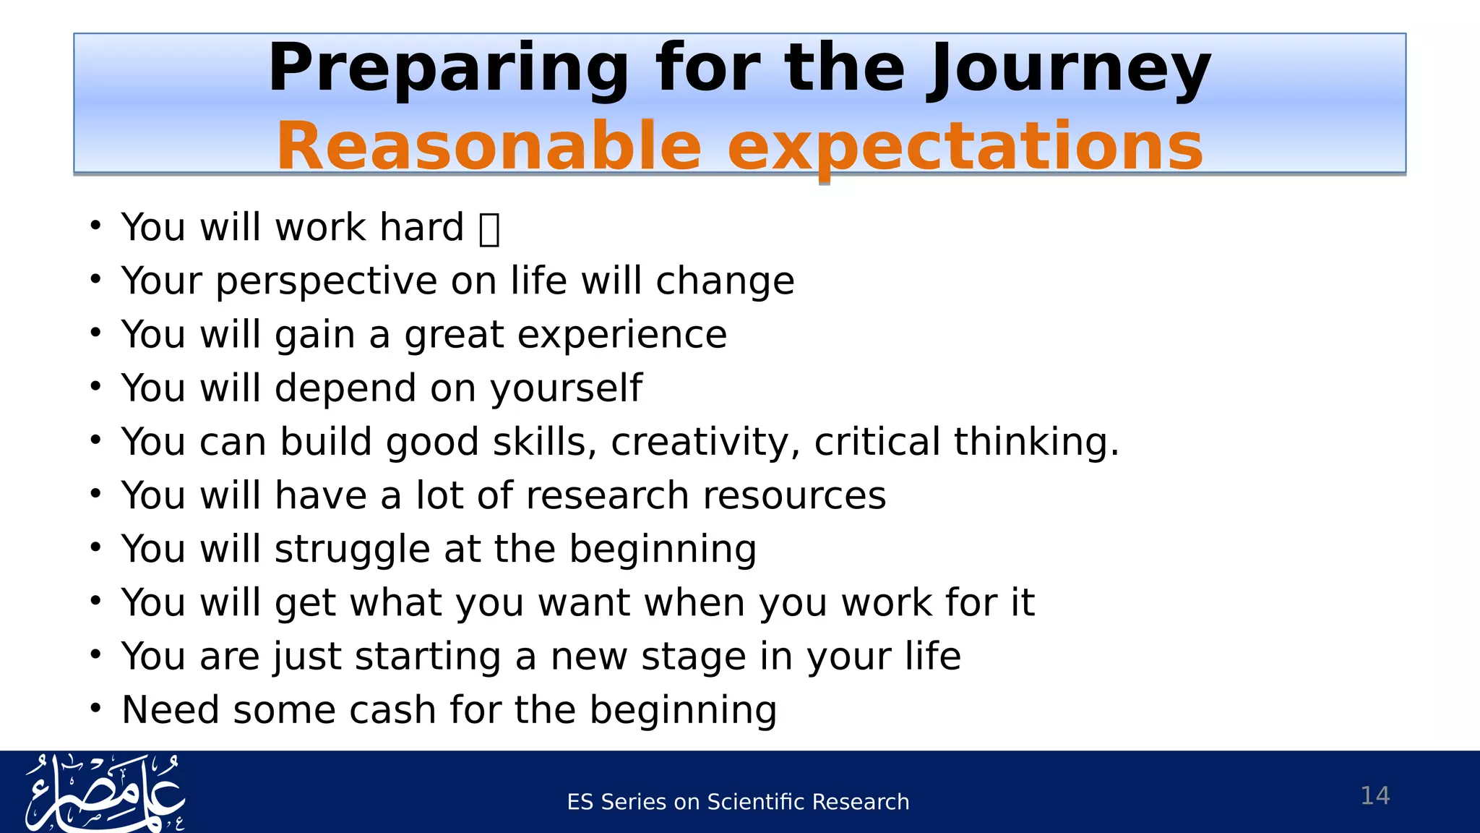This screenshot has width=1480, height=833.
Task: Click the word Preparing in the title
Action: pos(449,69)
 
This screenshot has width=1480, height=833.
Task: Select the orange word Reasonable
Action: pos(489,147)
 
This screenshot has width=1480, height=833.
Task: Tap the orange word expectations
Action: pos(965,147)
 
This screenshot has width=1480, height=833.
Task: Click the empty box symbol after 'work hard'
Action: pos(489,229)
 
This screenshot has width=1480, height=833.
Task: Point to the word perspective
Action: pos(327,281)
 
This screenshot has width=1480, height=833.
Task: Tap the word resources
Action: pos(793,495)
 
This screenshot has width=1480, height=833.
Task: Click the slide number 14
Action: pos(1374,795)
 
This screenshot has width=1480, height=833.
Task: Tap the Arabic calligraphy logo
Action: pos(106,793)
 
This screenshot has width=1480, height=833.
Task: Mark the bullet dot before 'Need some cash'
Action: pos(96,709)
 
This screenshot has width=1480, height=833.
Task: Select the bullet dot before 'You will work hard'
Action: pos(96,226)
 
